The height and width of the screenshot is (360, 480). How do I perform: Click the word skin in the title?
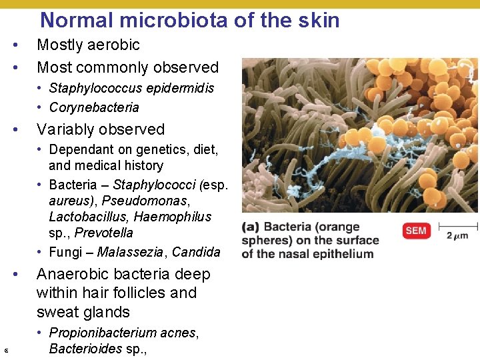[317, 20]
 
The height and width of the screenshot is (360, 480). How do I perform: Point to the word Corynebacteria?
[94, 107]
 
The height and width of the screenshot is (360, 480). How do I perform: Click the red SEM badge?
[415, 231]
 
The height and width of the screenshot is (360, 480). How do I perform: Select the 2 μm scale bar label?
[457, 235]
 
